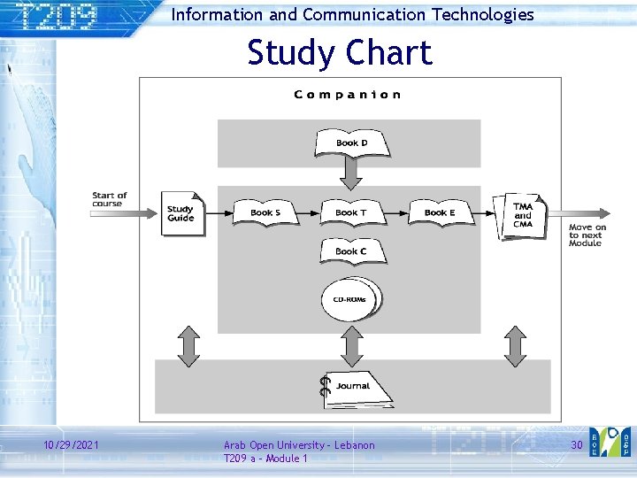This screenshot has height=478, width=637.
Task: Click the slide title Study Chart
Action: pos(340,53)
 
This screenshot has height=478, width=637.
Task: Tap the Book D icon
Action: pos(352,143)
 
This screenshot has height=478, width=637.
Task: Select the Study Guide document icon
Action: pos(182,214)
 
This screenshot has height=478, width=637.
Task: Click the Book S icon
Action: pos(265,212)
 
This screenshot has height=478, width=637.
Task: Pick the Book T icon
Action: pos(350,212)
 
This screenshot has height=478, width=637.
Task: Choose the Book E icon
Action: pos(439,212)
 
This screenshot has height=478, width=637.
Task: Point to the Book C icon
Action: pos(350,251)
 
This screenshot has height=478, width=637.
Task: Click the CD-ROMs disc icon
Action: pos(350,300)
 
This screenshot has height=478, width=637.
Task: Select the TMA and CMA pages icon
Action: pos(523,215)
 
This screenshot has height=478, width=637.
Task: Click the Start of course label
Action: pos(110,199)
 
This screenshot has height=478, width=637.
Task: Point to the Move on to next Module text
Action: pos(587,235)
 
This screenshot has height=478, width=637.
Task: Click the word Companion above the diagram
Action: pos(348,95)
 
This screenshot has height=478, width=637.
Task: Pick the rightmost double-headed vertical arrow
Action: pos(515,345)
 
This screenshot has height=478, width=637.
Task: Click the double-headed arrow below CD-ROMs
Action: pos(352,345)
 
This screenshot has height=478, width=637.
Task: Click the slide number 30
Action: pos(576,444)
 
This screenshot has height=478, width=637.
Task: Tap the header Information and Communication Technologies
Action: pos(352,14)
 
